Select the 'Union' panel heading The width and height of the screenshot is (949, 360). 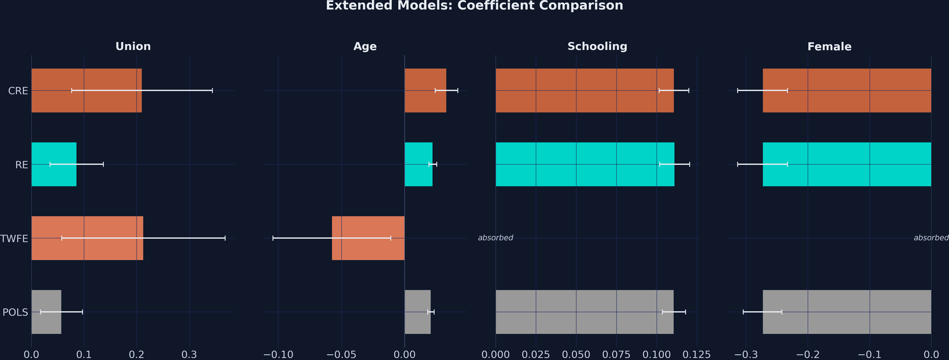pyautogui.click(x=133, y=47)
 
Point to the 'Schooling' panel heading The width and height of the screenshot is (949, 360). pyautogui.click(x=597, y=47)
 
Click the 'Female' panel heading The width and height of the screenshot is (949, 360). pyautogui.click(x=829, y=47)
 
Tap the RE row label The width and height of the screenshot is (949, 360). pyautogui.click(x=21, y=165)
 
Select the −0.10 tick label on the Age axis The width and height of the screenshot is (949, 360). pyautogui.click(x=278, y=355)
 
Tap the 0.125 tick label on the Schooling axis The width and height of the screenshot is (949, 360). pyautogui.click(x=696, y=355)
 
